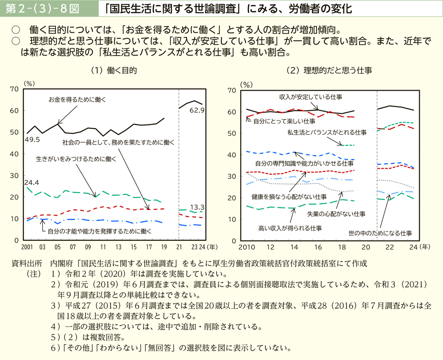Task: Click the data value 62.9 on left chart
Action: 197,111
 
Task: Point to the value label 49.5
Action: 33,140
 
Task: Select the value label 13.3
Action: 197,207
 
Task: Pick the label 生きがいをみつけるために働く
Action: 76,160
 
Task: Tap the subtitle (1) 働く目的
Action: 114,70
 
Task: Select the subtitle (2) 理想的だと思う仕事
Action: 329,70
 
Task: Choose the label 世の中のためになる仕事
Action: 380,233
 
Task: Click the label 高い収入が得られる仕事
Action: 290,228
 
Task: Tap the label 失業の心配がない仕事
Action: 336,214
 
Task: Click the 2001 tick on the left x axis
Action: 27,247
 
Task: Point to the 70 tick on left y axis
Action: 14,89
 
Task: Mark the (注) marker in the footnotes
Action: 35,274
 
